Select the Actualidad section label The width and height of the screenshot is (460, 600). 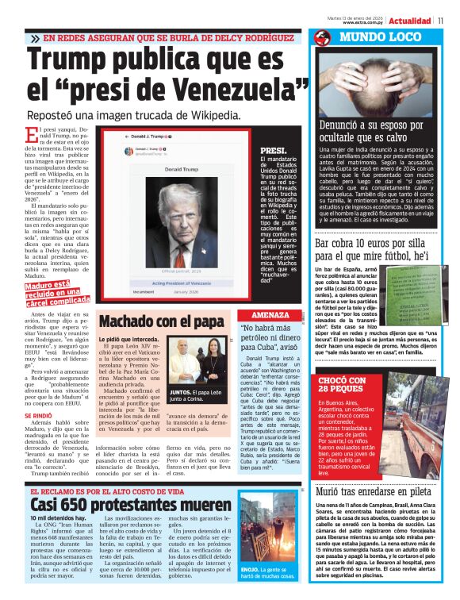coord(413,19)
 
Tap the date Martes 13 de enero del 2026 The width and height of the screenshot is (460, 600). coord(357,15)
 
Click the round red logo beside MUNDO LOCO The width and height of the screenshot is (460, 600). coord(322,37)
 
